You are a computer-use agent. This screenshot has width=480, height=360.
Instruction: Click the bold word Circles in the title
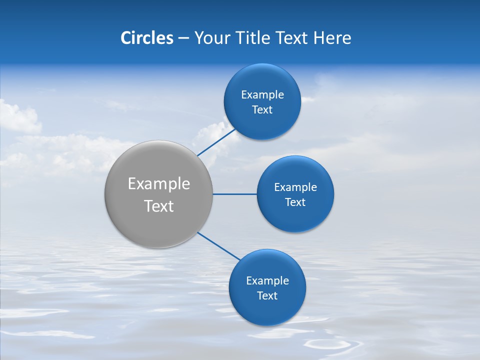[147, 38]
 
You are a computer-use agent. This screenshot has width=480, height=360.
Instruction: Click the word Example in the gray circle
[159, 184]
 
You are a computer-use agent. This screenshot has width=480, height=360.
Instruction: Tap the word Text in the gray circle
[159, 206]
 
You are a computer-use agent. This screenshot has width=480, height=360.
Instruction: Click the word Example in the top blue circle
[262, 95]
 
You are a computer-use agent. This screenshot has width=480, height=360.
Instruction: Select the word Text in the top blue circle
[262, 110]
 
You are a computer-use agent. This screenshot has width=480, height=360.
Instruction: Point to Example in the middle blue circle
[295, 187]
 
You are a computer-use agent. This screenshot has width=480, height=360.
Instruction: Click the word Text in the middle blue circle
[295, 202]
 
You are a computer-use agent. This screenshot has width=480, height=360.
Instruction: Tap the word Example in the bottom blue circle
[267, 281]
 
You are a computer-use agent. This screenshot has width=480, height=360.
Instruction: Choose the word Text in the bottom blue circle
[267, 296]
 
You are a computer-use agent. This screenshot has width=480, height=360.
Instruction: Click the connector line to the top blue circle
[216, 142]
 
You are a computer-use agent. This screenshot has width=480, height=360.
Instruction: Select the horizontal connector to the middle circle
[235, 194]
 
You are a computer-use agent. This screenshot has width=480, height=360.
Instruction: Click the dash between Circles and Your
[183, 38]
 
